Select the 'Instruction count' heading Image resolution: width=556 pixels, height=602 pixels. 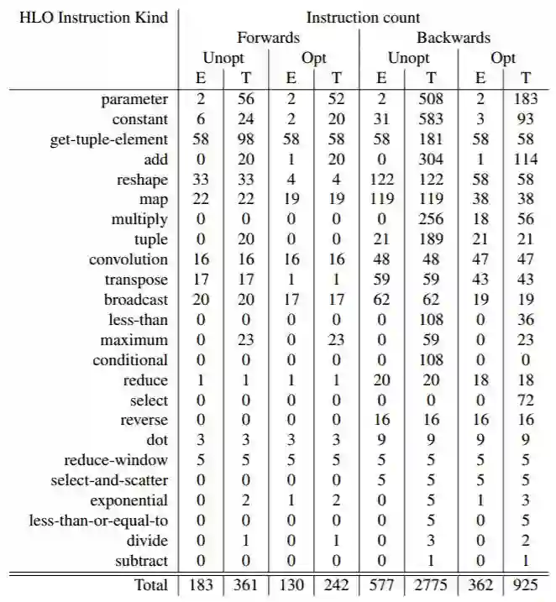coord(364,17)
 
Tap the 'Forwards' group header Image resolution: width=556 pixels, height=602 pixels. coord(268,37)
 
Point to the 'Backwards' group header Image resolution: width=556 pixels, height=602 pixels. coord(454,37)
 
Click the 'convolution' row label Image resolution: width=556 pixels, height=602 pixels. coord(129,259)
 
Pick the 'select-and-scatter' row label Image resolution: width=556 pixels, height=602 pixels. coord(110,480)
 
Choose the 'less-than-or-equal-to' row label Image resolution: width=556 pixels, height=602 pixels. coord(99,521)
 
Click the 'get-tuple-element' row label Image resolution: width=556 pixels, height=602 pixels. coord(109,139)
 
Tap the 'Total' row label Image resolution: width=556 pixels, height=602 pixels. coord(151,585)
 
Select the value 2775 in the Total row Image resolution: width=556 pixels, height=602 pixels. coord(431,585)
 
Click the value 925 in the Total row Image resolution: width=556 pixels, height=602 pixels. coord(526,585)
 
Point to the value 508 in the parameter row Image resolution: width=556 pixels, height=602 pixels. coord(431,99)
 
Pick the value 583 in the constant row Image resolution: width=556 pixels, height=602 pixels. coord(431,119)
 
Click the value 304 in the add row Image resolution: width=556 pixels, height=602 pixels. coord(431,159)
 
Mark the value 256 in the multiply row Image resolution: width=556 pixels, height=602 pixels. coord(431,219)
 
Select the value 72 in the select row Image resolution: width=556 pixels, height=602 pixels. coord(526,400)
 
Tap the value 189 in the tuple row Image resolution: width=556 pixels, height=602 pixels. coord(431,239)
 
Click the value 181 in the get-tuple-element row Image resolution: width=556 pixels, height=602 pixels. coord(431,139)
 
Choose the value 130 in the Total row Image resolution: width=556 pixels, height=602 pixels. coord(291,585)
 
